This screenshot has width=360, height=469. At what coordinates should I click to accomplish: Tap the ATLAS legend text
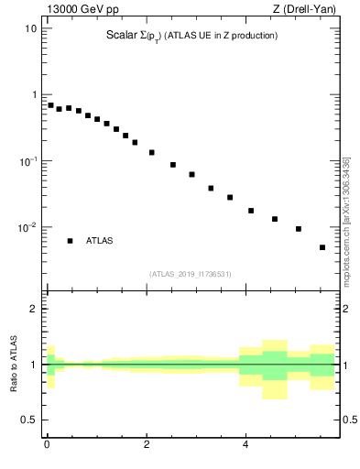tap(100, 241)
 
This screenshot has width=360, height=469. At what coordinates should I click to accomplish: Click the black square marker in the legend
tap(70, 241)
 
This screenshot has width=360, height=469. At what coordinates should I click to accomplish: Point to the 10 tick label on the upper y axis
tap(29, 28)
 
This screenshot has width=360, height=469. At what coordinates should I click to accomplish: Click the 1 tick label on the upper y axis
tap(33, 94)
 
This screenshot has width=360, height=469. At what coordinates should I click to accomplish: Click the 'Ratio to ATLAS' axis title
tap(14, 365)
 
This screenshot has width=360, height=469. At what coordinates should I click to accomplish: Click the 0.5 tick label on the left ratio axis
tap(29, 420)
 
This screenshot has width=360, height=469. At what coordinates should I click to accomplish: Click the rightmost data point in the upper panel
tap(322, 247)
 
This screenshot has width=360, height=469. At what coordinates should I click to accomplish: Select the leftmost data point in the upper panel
tap(51, 105)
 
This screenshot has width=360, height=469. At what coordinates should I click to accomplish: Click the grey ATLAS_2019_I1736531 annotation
tap(191, 274)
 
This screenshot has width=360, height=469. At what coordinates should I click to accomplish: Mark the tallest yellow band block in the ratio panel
tap(274, 369)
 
